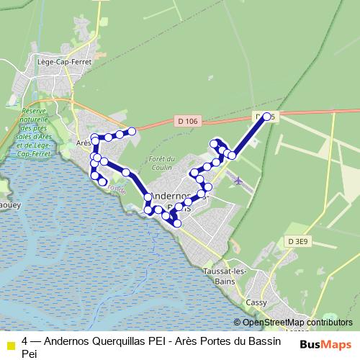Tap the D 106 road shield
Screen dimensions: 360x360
(186, 122)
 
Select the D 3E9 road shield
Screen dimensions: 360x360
(299, 242)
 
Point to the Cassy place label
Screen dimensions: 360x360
(256, 302)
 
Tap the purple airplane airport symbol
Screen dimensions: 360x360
(238, 180)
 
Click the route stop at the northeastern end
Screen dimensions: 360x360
(267, 116)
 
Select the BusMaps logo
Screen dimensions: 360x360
(326, 345)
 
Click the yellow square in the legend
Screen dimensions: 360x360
(10, 344)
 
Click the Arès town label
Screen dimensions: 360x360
(84, 143)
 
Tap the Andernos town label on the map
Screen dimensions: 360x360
(170, 195)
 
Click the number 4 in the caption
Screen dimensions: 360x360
(25, 342)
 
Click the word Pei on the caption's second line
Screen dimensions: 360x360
(29, 354)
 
